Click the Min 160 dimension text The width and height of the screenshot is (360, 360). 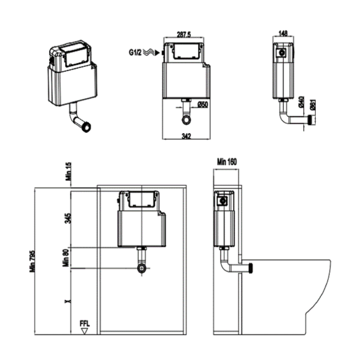227,161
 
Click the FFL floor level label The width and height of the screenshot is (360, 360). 84,323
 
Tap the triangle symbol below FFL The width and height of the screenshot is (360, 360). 85,330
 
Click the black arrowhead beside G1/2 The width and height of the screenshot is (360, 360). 157,54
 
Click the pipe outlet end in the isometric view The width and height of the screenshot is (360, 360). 86,128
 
